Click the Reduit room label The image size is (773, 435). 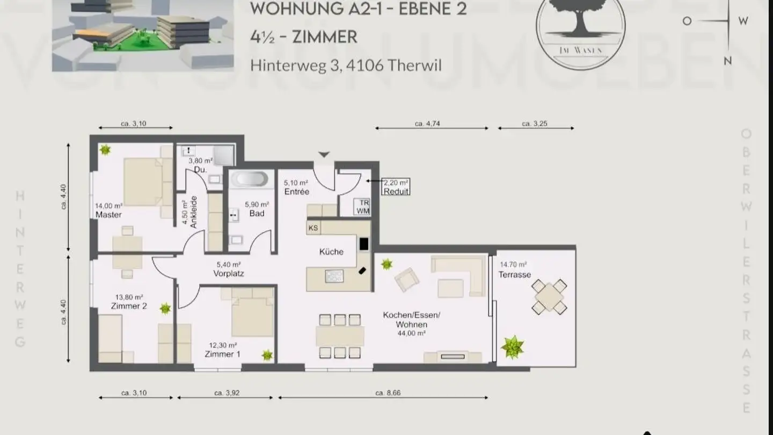pyautogui.click(x=396, y=191)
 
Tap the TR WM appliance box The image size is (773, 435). pyautogui.click(x=363, y=207)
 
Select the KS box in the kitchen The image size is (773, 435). pyautogui.click(x=313, y=228)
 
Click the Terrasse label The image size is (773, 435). pyautogui.click(x=515, y=274)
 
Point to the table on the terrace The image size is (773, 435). pyautogui.click(x=549, y=296)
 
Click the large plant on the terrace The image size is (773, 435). pyautogui.click(x=512, y=347)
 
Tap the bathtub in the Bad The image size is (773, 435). pyautogui.click(x=250, y=179)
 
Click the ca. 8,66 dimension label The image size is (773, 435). pyautogui.click(x=388, y=393)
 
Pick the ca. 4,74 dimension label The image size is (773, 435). pyautogui.click(x=427, y=124)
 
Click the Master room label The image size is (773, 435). pyautogui.click(x=108, y=215)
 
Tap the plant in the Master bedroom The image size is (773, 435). pyautogui.click(x=105, y=150)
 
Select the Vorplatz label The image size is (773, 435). pyautogui.click(x=229, y=273)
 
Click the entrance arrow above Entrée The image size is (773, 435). pyautogui.click(x=323, y=155)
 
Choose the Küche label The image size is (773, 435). pyautogui.click(x=331, y=251)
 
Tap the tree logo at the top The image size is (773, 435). pyautogui.click(x=580, y=24)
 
